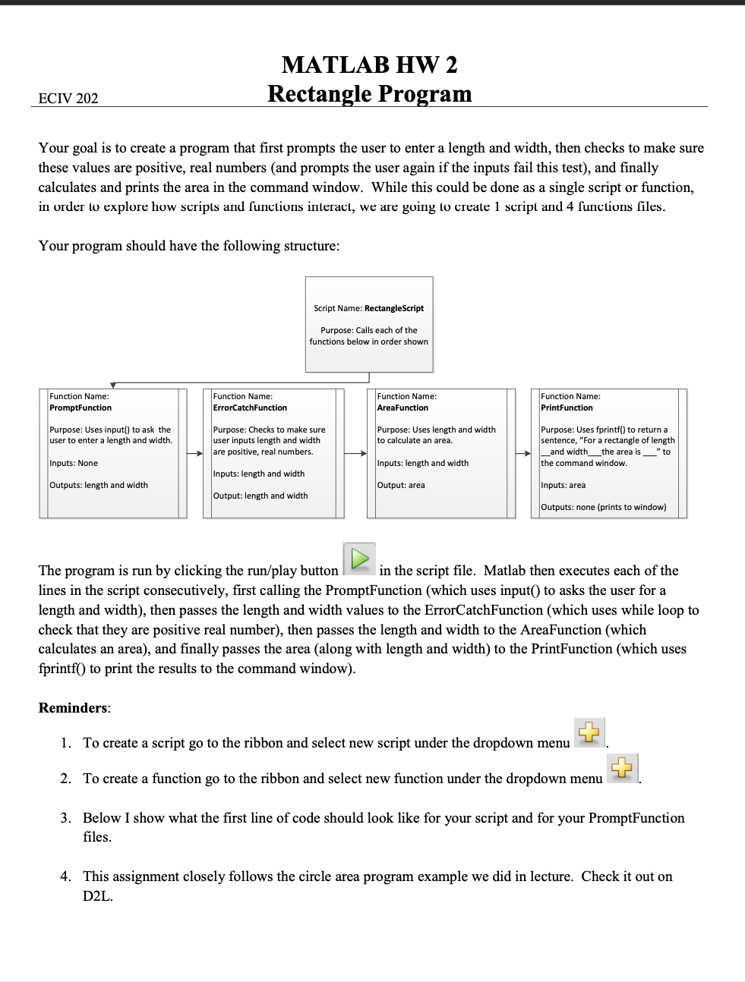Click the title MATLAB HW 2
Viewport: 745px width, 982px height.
(x=369, y=65)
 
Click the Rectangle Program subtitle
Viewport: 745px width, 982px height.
(x=369, y=94)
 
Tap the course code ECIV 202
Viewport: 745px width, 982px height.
(x=68, y=98)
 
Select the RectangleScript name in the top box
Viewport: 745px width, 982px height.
(x=393, y=308)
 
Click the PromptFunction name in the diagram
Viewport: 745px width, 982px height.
(x=80, y=408)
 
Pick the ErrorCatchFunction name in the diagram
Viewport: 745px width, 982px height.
(x=250, y=408)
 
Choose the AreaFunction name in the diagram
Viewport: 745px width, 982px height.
(x=402, y=408)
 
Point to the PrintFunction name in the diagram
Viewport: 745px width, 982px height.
(x=567, y=408)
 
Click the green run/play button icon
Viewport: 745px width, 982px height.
(x=360, y=559)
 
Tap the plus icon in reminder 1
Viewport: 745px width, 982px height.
(x=589, y=733)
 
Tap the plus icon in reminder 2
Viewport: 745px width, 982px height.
(x=622, y=769)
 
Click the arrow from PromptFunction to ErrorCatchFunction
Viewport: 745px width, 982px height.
(x=195, y=453)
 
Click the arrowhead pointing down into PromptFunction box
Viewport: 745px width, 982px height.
(x=113, y=386)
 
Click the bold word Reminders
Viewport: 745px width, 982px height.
(x=73, y=708)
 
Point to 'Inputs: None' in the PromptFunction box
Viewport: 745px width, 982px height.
(x=74, y=463)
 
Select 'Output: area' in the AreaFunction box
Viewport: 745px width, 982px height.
(x=401, y=485)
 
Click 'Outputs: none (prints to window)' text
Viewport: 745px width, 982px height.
(x=603, y=507)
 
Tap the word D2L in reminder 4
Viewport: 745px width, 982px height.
(x=98, y=896)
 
